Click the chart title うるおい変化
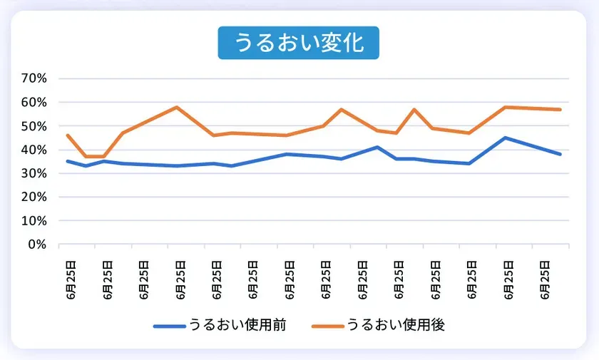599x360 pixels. [x=298, y=43]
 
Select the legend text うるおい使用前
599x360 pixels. [x=237, y=325]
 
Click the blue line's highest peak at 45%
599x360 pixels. [x=505, y=138]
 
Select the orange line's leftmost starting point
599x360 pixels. [x=67, y=135]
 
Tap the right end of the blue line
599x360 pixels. [x=560, y=154]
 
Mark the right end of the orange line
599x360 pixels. [x=560, y=109]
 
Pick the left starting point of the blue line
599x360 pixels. [x=67, y=161]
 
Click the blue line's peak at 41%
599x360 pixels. [x=377, y=147]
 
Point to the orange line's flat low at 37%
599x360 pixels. [x=95, y=156]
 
